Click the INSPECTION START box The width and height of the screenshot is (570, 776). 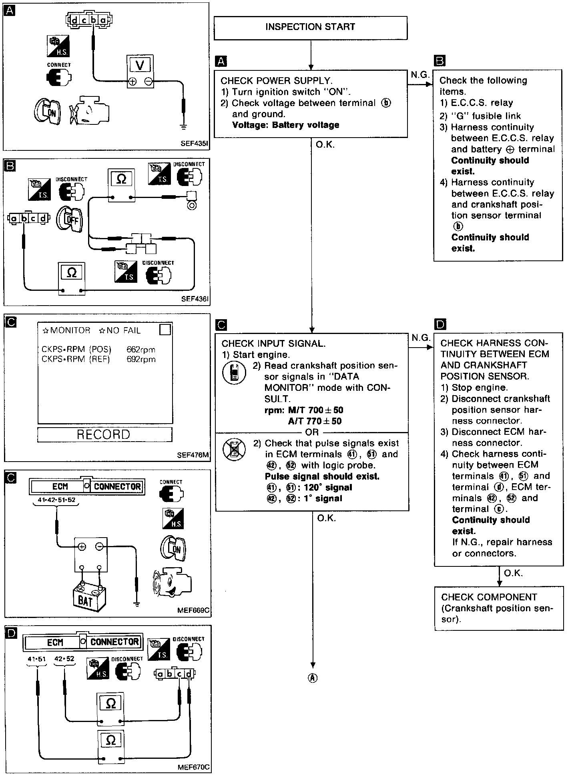pyautogui.click(x=310, y=27)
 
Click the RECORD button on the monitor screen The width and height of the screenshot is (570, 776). pyautogui.click(x=104, y=434)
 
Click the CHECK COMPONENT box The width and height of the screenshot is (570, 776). pyautogui.click(x=499, y=608)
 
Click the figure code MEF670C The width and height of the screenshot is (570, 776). pyautogui.click(x=193, y=767)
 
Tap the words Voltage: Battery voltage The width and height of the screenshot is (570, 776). pyautogui.click(x=285, y=125)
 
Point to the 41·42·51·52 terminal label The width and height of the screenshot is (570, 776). pyautogui.click(x=56, y=500)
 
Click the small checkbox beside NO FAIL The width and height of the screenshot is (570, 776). pyautogui.click(x=165, y=330)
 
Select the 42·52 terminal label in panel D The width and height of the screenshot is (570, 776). pyautogui.click(x=64, y=659)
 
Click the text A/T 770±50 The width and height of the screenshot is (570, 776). pyautogui.click(x=315, y=421)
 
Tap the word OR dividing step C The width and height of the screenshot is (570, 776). pyautogui.click(x=312, y=432)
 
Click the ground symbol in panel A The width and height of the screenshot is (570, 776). pyautogui.click(x=183, y=127)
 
